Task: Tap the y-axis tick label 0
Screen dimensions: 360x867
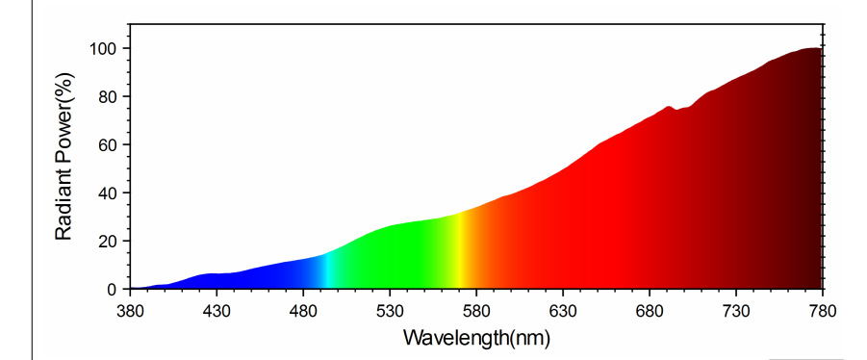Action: coord(112,289)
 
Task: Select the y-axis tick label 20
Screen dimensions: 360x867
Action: coord(107,241)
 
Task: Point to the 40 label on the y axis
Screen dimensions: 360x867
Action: coord(107,193)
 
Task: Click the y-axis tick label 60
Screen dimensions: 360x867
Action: coord(107,144)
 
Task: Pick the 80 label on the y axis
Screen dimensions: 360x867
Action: coord(107,96)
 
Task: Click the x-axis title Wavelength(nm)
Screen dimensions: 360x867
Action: coord(476,338)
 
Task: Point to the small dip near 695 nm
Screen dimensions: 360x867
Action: coord(676,110)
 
